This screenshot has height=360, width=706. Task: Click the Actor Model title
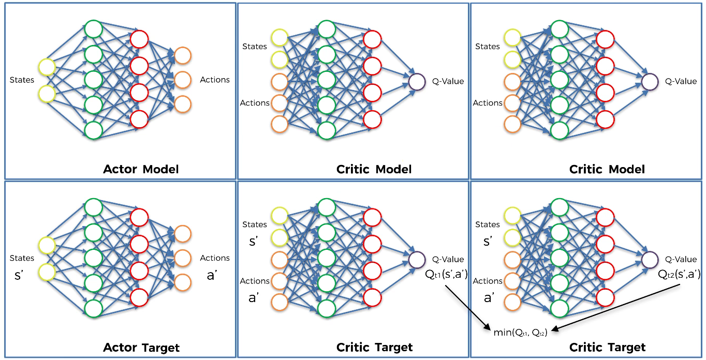coord(141,169)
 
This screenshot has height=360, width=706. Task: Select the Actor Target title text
coord(141,348)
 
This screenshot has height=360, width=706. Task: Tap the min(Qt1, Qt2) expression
coord(520,332)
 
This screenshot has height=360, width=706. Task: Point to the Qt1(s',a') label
coord(446,274)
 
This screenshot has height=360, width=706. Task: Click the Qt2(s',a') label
coord(679,274)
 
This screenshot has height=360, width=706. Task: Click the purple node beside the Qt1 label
coord(417,260)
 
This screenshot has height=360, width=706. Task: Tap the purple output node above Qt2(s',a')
coord(650,260)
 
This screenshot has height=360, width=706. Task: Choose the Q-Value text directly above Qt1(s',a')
coord(448,259)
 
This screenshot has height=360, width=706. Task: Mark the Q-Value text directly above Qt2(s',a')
coord(681,259)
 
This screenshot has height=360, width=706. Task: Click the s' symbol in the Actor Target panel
coord(19,275)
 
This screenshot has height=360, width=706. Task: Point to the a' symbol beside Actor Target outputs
coord(212,275)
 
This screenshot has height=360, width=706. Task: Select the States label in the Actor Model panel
coord(22,80)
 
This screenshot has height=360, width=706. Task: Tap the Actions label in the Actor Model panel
coord(215,80)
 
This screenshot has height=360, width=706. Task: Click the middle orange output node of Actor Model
coord(183,80)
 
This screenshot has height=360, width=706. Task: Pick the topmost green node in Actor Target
coord(94,207)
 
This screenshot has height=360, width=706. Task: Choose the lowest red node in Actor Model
coord(139,119)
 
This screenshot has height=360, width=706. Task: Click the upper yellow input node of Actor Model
coord(47,67)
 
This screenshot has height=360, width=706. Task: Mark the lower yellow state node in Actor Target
coord(47,272)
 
